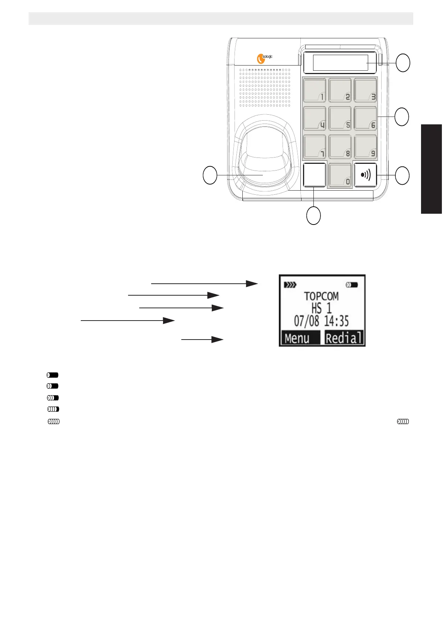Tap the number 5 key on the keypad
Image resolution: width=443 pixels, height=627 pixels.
pyautogui.click(x=340, y=118)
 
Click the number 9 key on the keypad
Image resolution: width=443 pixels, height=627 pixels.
pyautogui.click(x=366, y=147)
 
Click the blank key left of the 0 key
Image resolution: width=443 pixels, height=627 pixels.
pyautogui.click(x=315, y=175)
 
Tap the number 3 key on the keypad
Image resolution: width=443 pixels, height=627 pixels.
pyautogui.click(x=366, y=90)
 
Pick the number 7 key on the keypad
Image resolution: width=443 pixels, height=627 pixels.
pyautogui.click(x=315, y=147)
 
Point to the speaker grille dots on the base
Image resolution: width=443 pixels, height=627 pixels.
pyautogui.click(x=265, y=87)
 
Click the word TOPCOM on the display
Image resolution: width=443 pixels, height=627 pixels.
pyautogui.click(x=321, y=297)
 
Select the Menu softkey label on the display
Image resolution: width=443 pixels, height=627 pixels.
pyautogui.click(x=297, y=338)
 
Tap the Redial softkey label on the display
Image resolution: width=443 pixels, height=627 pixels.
pyautogui.click(x=344, y=338)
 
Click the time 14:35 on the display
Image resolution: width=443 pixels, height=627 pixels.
pyautogui.click(x=337, y=321)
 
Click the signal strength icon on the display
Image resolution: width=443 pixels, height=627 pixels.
pyautogui.click(x=290, y=285)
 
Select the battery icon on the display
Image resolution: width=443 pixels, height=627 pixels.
pyautogui.click(x=352, y=285)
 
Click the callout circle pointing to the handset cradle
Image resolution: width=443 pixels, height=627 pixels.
pyautogui.click(x=210, y=175)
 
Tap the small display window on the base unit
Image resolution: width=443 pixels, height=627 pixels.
pyautogui.click(x=340, y=63)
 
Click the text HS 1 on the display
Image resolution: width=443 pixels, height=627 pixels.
pyautogui.click(x=322, y=309)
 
